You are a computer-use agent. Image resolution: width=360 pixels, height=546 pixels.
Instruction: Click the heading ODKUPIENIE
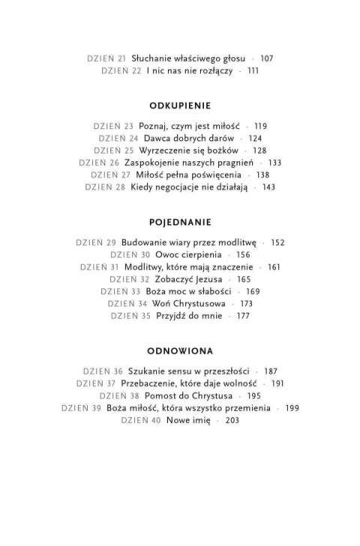(180, 106)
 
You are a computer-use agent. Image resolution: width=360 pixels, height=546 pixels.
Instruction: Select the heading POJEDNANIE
(180, 223)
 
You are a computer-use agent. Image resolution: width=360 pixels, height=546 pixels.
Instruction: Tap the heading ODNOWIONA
(180, 350)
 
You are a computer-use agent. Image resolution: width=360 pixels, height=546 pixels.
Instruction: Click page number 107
(267, 58)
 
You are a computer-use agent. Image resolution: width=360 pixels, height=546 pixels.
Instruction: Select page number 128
(259, 150)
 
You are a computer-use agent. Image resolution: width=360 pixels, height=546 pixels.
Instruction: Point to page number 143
(268, 187)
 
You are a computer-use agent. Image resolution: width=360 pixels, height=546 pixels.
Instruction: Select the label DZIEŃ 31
(99, 267)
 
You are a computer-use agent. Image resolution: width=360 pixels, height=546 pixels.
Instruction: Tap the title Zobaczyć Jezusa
(183, 279)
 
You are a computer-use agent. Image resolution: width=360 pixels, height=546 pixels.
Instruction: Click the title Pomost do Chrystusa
(183, 395)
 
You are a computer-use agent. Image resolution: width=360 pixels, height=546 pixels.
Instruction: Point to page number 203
(232, 420)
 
